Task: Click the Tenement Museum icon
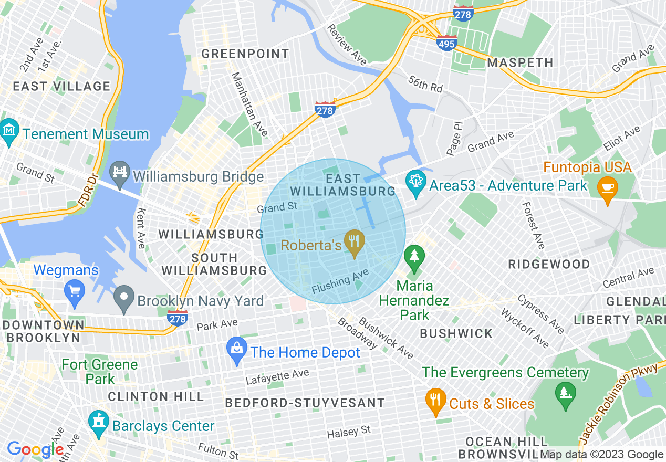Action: (9, 133)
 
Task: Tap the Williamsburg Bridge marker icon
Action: (120, 175)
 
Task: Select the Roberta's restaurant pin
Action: (355, 243)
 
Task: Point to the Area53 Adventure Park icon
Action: (416, 184)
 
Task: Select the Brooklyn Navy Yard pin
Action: (124, 299)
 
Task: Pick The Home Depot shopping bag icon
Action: (237, 351)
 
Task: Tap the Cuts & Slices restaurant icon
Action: (435, 402)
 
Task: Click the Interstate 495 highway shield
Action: (446, 43)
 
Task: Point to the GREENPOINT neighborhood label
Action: (245, 54)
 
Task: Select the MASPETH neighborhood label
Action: (520, 62)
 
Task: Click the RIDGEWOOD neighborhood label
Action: (549, 264)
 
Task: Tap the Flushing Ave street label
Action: (340, 282)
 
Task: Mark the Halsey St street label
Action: (349, 432)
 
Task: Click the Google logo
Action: (35, 449)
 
